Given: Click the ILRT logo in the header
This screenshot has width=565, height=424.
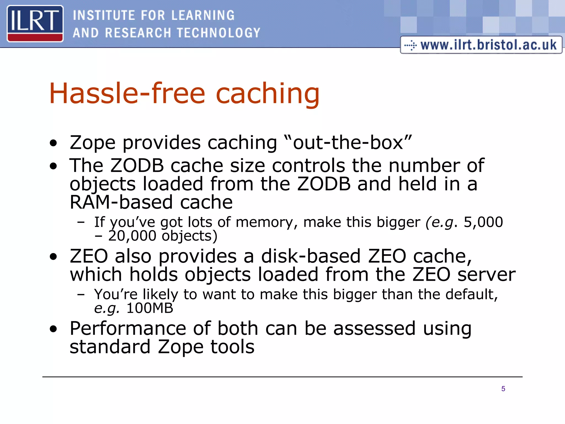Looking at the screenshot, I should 35,23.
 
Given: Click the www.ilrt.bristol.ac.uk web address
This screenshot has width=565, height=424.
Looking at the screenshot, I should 488,45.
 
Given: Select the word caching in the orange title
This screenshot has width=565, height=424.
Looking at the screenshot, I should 267,94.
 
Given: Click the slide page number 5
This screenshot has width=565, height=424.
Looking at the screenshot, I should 503,389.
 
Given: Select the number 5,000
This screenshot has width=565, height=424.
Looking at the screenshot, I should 483,222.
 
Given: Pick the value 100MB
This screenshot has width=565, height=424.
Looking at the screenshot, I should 150,308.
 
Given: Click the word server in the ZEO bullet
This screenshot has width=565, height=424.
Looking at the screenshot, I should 487,275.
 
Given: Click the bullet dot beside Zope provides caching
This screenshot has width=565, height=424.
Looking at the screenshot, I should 54,143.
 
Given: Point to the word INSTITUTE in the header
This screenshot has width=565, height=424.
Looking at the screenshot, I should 104,15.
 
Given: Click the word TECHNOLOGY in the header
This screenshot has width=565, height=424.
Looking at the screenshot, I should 218,33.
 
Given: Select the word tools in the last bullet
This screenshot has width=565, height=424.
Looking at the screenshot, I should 232,347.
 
